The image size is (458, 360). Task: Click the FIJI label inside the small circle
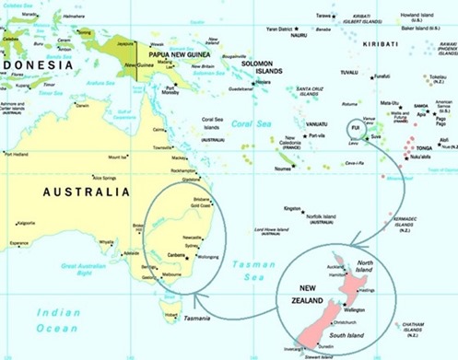point(354,130)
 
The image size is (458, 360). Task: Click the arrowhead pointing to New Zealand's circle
point(352,245)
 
